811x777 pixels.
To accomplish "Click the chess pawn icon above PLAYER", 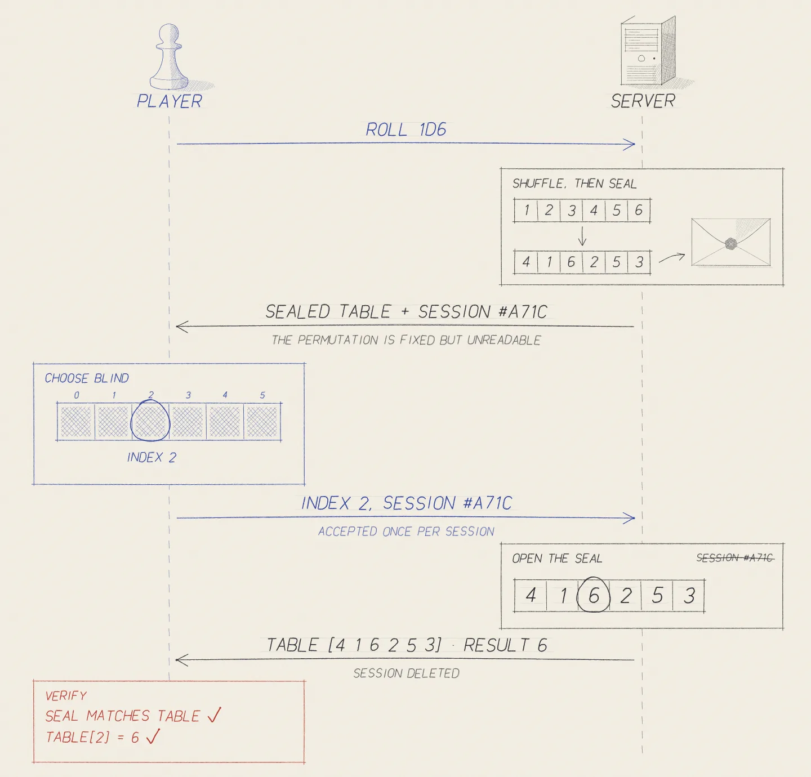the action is tap(169, 57).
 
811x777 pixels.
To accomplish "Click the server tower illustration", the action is tap(648, 51).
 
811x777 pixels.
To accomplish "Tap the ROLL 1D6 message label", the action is tap(406, 129).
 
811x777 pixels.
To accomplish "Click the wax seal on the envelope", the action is tap(731, 244).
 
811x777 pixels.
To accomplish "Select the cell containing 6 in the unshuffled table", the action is tap(639, 211).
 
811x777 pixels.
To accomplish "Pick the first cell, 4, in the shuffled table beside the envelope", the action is tap(526, 262).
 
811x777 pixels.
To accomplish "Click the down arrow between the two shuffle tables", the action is tap(582, 236).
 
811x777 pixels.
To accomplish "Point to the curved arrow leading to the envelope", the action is tap(672, 258).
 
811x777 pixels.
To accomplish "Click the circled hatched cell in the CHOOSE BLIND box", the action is tap(150, 421).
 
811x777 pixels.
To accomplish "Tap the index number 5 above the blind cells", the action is tap(262, 395).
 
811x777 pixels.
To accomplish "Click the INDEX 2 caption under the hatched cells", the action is tap(151, 457).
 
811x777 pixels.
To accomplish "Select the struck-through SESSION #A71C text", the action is tap(735, 557).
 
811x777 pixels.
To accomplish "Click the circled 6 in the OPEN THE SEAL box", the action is tap(594, 595).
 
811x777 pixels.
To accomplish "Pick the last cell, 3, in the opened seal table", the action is tap(688, 596).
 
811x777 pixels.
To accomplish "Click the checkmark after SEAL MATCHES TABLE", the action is tap(214, 715).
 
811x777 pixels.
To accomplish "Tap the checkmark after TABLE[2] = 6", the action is tap(153, 736).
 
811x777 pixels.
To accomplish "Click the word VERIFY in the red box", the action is tap(66, 696).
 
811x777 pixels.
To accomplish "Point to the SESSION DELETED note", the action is tap(406, 673).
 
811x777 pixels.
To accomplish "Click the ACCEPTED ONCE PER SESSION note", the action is tap(406, 532).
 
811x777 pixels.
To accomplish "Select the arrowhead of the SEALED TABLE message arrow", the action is tap(182, 327).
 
